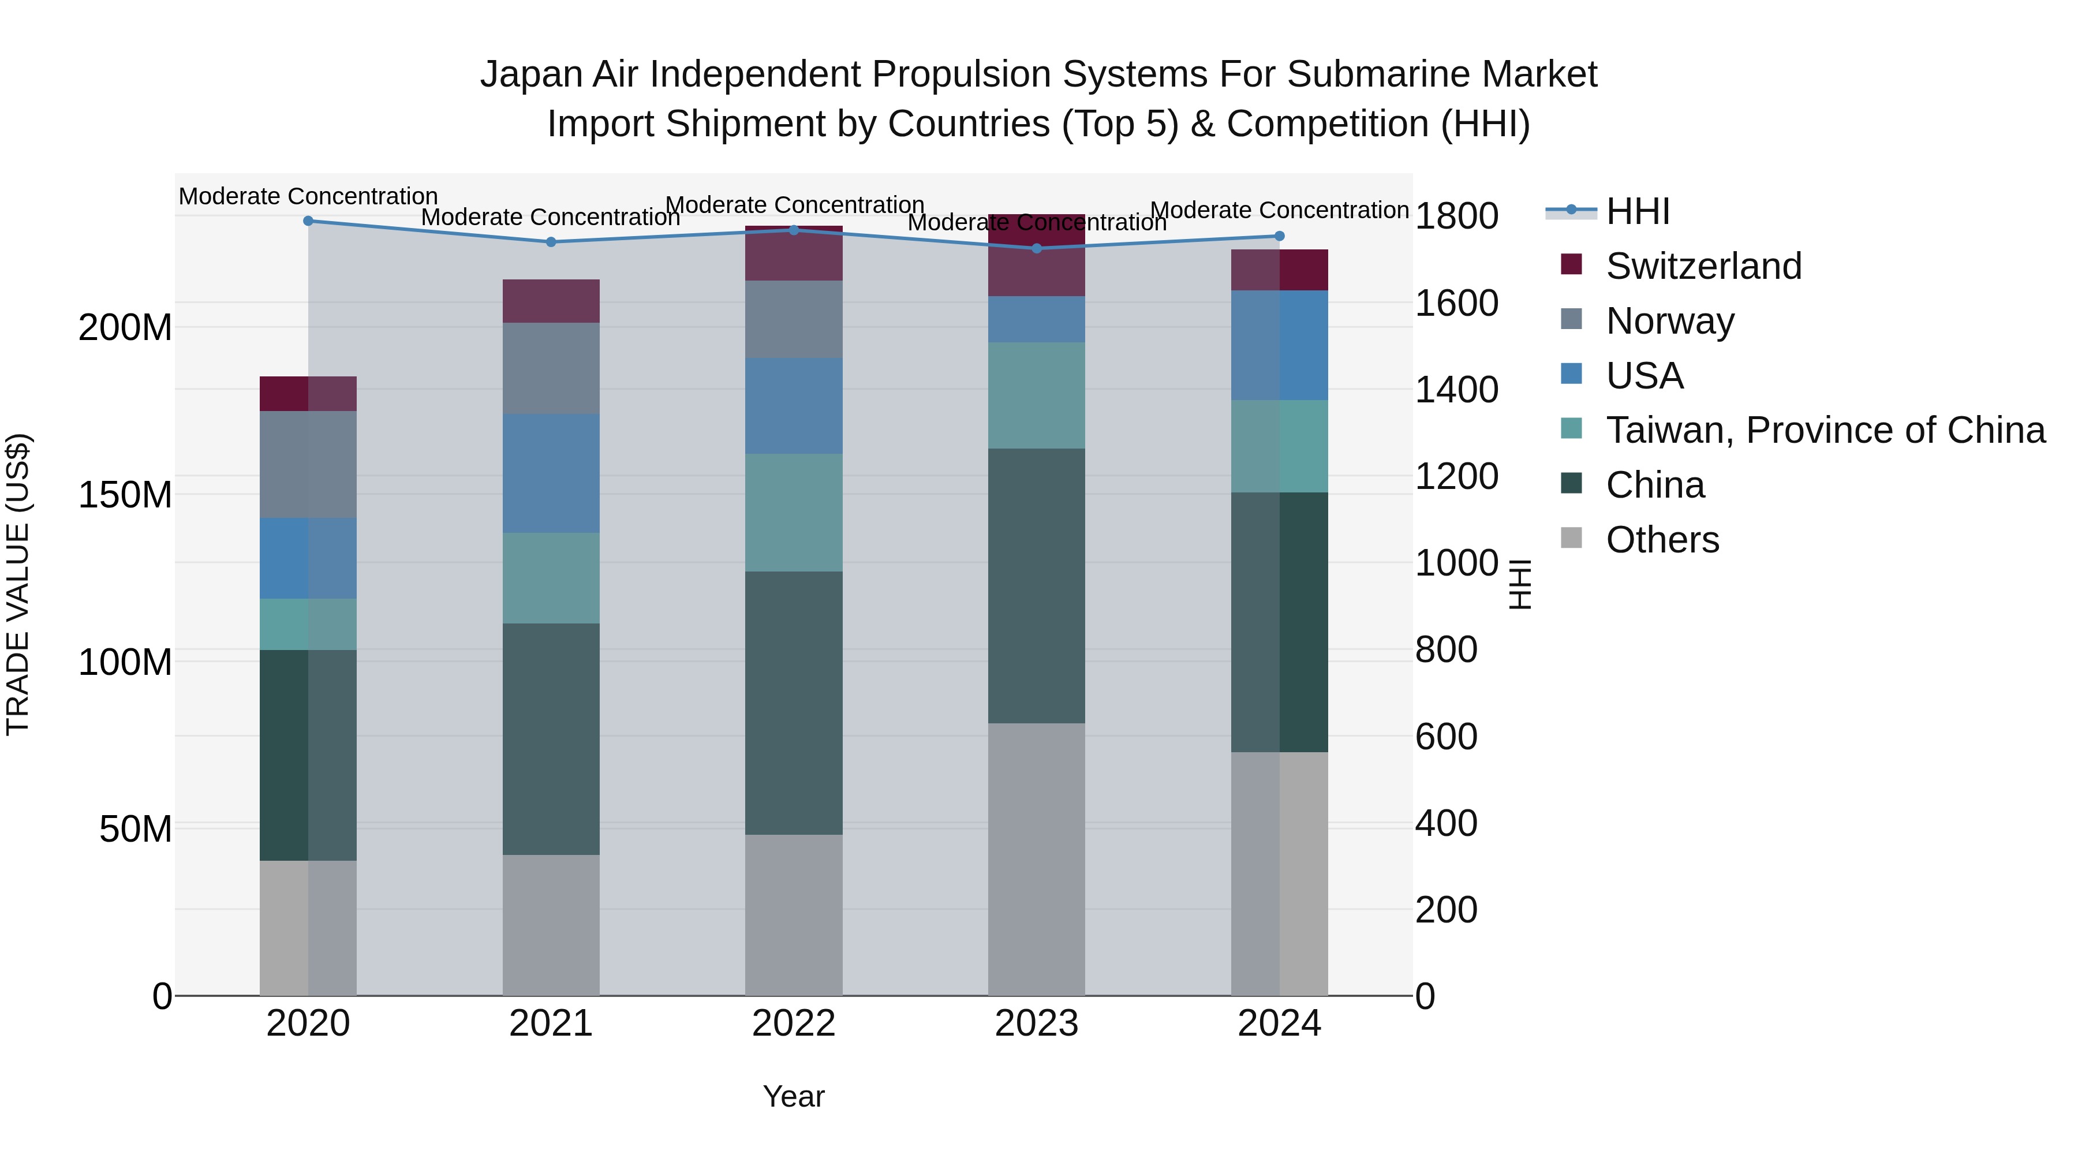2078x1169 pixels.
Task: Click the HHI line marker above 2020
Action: pyautogui.click(x=308, y=221)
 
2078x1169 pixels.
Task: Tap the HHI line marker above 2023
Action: pyautogui.click(x=1037, y=248)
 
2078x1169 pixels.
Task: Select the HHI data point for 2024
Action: pyautogui.click(x=1279, y=236)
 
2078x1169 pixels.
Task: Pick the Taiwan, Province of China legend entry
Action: pyautogui.click(x=1825, y=430)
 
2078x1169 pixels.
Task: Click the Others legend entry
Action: pyautogui.click(x=1662, y=540)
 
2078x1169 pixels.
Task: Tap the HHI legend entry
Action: pyautogui.click(x=1637, y=211)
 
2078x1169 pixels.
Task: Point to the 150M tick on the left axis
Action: pyautogui.click(x=125, y=495)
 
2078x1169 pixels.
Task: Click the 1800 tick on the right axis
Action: pyautogui.click(x=1456, y=216)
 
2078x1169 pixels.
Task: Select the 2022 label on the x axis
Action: pyautogui.click(x=794, y=1024)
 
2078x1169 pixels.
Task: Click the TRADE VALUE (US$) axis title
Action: pyautogui.click(x=18, y=584)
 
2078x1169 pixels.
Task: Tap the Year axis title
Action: pyautogui.click(x=794, y=1096)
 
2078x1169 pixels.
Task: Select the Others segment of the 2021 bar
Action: pyautogui.click(x=551, y=925)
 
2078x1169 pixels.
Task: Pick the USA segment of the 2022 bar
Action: pyautogui.click(x=794, y=406)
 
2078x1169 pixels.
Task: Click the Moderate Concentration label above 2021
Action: pyautogui.click(x=551, y=218)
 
